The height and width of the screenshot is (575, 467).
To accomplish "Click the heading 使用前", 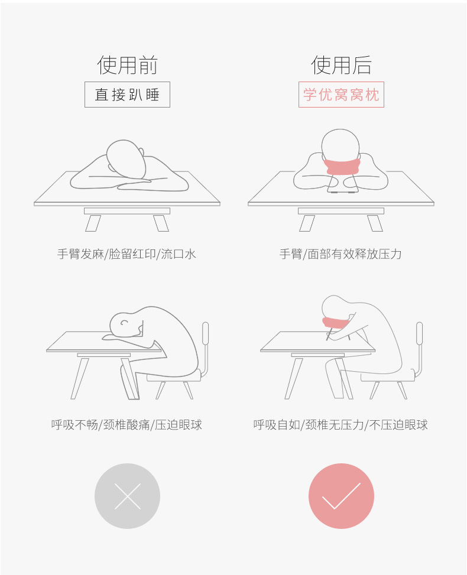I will tap(127, 65).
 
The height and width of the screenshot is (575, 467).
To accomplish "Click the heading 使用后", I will tap(341, 65).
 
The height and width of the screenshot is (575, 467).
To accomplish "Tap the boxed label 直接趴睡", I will tap(127, 95).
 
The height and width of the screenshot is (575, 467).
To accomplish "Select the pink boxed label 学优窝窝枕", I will tap(341, 95).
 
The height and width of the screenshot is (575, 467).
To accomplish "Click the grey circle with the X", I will tap(127, 496).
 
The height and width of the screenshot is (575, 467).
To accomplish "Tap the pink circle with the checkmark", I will tap(341, 496).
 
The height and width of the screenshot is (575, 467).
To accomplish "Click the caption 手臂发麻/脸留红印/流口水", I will tap(127, 254).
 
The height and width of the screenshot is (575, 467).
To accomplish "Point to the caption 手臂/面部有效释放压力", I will tap(340, 254).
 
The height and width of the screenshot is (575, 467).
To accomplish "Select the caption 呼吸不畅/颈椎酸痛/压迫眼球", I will tap(127, 424).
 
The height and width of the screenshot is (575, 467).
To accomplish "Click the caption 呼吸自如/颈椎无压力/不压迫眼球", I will tap(340, 424).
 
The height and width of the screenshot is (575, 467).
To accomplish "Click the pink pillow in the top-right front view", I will tap(341, 166).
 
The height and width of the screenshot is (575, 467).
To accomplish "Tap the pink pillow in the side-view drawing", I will tap(334, 324).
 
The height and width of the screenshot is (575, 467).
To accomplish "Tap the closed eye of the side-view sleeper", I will tap(125, 323).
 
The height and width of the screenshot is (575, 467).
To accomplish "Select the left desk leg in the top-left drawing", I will tap(93, 223).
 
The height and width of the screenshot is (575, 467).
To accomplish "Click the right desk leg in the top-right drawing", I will tap(375, 223).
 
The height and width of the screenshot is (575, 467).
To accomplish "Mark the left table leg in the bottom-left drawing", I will tap(80, 378).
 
